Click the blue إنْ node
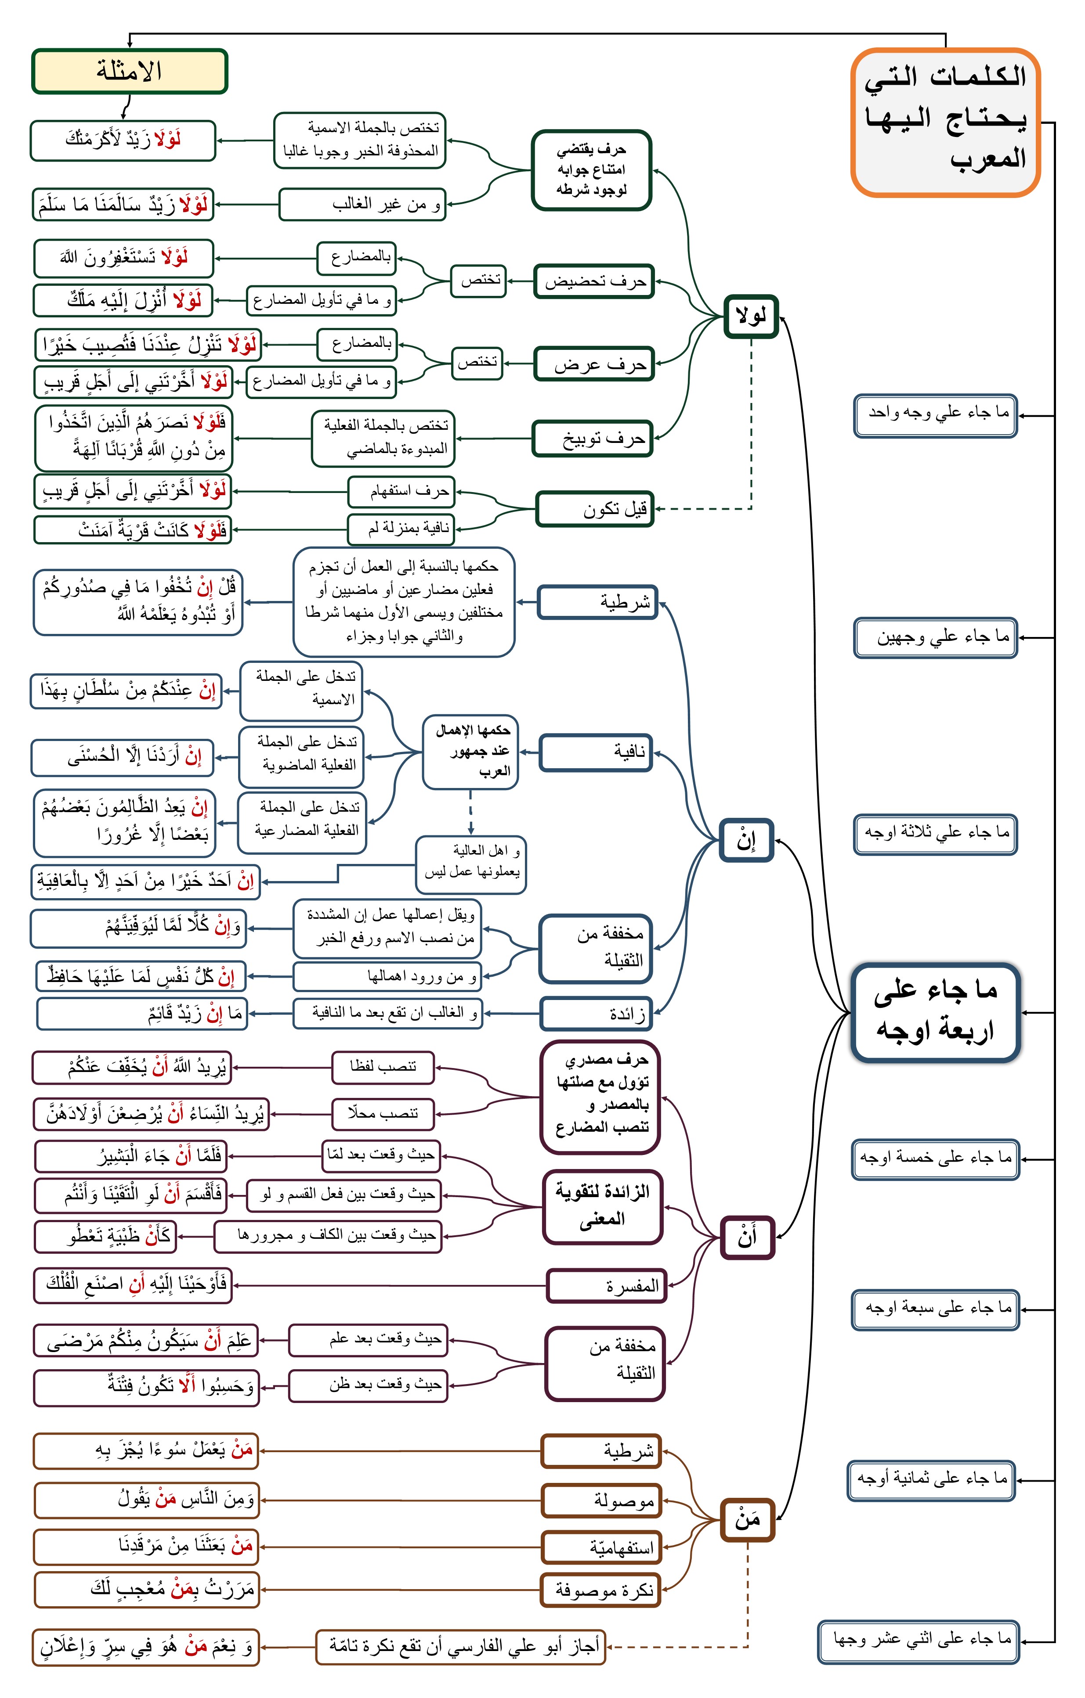(x=746, y=840)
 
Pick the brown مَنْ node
(x=748, y=1520)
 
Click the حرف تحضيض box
(x=595, y=281)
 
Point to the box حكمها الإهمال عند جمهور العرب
(x=470, y=751)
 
